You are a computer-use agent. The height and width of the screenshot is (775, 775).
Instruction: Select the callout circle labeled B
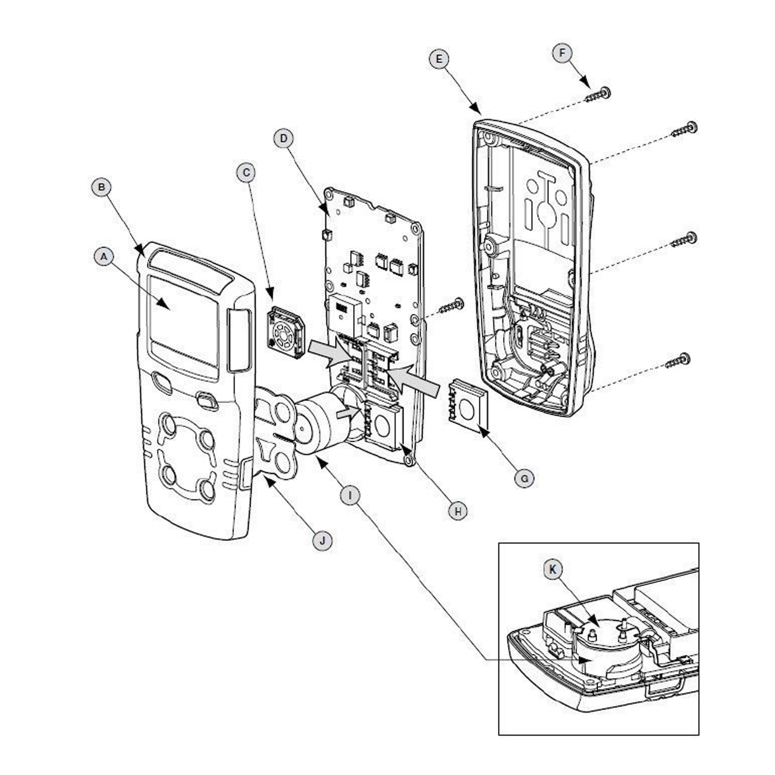coord(101,187)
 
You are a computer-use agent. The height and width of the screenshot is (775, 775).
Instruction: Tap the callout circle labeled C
coord(246,173)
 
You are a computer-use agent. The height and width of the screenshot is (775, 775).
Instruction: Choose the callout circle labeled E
coord(439,59)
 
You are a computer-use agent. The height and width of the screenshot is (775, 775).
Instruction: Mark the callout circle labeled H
coord(458,511)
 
